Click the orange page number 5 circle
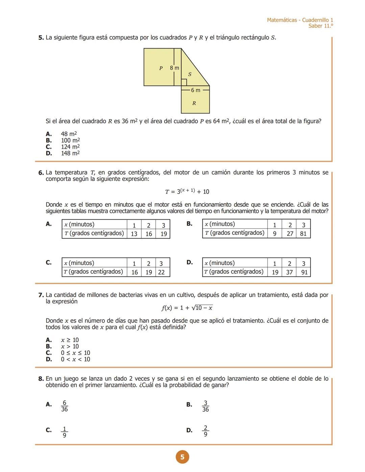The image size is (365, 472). coord(182,457)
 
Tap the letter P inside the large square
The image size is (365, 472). coord(161,68)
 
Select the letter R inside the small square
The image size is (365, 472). coord(194,103)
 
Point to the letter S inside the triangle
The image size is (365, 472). coord(190,74)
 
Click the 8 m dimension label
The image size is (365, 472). coord(174,68)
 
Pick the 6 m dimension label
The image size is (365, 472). coord(195,90)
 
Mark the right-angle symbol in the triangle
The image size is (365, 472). coord(184,82)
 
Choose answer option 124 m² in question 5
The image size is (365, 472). coord(70,147)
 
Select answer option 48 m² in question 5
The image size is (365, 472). coord(69,134)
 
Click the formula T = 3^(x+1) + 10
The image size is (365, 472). coord(187,192)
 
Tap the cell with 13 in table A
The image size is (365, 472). coord(134,234)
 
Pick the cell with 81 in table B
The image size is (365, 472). coord(303,233)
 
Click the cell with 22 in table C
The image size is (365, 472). coord(161,272)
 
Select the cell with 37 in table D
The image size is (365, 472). coord(289,272)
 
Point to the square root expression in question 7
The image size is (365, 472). coord(202,308)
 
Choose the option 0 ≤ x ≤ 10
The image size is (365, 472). coord(75,353)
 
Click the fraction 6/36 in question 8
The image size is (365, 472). coord(65,406)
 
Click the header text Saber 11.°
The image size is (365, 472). coord(320,26)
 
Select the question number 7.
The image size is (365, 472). coord(41,295)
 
